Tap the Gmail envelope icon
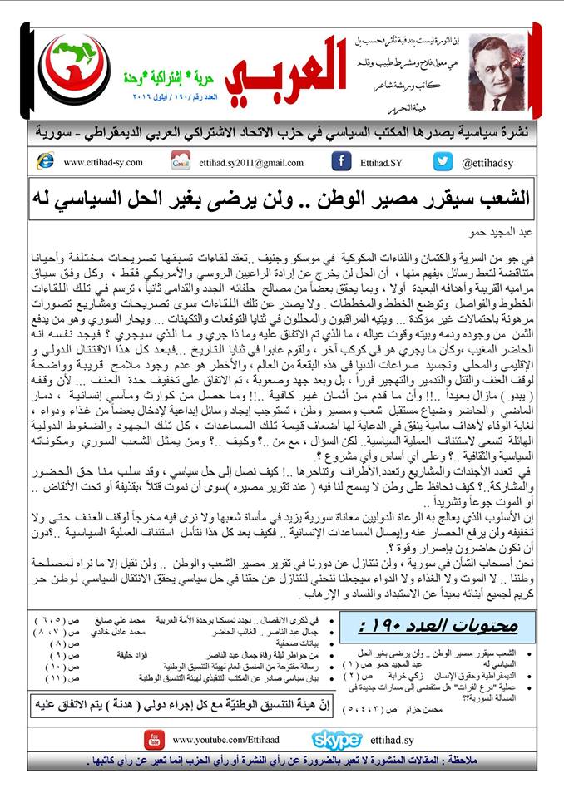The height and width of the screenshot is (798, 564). tap(181, 161)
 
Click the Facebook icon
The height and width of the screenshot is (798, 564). tap(340, 161)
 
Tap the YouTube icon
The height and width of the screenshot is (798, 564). tap(152, 738)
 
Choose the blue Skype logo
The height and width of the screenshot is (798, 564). tap(335, 738)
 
